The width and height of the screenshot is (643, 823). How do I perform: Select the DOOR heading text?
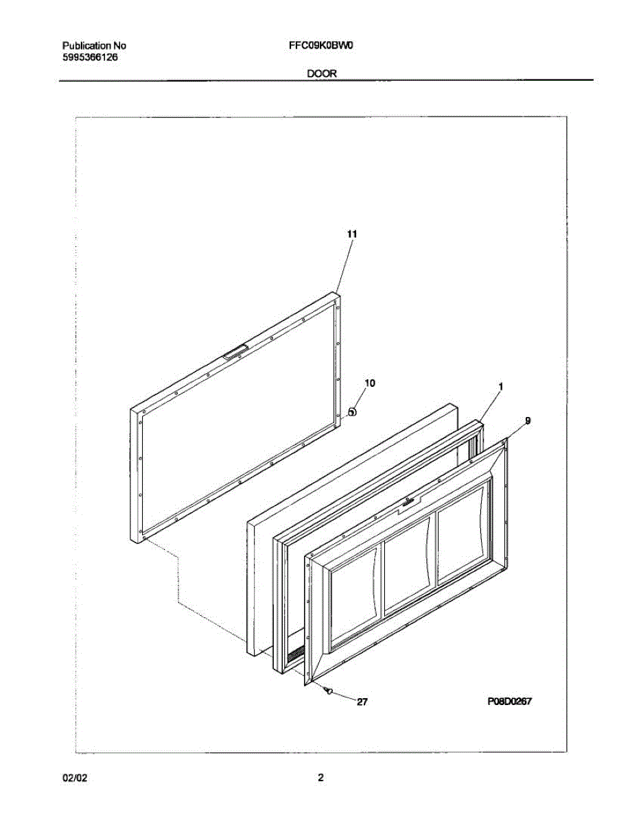(x=321, y=73)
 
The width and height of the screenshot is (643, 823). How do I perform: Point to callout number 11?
(x=351, y=235)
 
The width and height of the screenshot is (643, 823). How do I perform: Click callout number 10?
(x=369, y=384)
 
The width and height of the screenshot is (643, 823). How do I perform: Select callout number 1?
(x=500, y=387)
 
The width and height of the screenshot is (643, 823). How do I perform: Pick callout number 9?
(x=527, y=420)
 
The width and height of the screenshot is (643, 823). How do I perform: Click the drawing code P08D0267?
(x=510, y=702)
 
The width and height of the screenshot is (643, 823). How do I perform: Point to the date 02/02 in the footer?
(x=76, y=778)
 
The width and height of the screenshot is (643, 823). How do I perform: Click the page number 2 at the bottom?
(x=320, y=778)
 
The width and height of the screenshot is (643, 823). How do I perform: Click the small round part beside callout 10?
(x=351, y=412)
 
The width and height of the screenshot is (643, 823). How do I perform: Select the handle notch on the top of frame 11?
(x=233, y=353)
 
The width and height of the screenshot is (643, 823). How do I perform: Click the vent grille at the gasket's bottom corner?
(x=295, y=656)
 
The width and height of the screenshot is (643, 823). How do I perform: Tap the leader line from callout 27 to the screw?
(x=347, y=697)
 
